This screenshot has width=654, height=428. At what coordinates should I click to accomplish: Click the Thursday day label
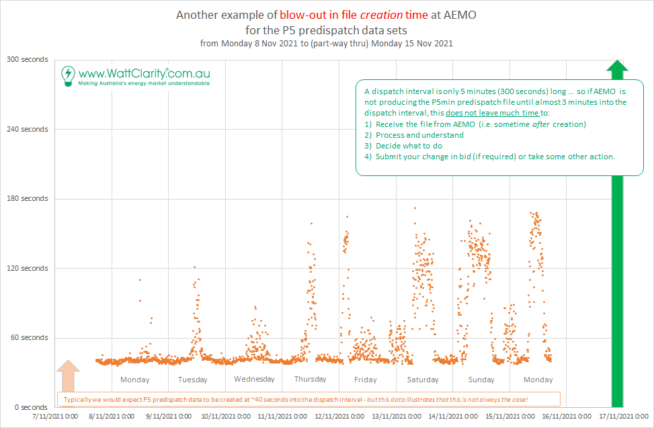pyautogui.click(x=310, y=379)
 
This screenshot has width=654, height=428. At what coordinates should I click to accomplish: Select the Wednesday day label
pyautogui.click(x=254, y=379)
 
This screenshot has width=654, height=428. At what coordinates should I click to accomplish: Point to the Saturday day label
pyautogui.click(x=423, y=380)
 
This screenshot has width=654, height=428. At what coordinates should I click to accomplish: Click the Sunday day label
pyautogui.click(x=481, y=380)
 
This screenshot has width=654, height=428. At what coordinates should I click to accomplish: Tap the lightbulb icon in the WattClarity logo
pyautogui.click(x=67, y=75)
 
